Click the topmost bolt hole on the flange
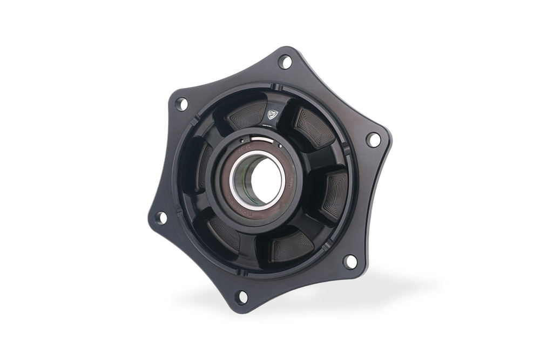click(285, 62)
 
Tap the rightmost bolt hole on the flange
click(373, 139)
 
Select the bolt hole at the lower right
click(350, 261)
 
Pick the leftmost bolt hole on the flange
click(160, 218)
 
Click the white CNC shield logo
click(273, 114)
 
